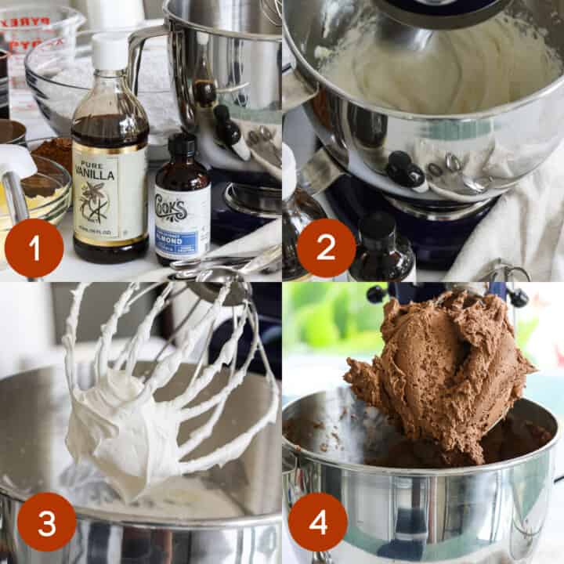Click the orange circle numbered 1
[x=34, y=248]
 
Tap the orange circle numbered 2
[x=326, y=248]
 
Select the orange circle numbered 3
[x=46, y=522]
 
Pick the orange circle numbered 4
[x=317, y=522]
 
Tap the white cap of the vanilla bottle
[x=110, y=52]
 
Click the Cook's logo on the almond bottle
[x=182, y=209]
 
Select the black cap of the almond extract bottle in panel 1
[x=183, y=146]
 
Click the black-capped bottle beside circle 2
[x=381, y=247]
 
